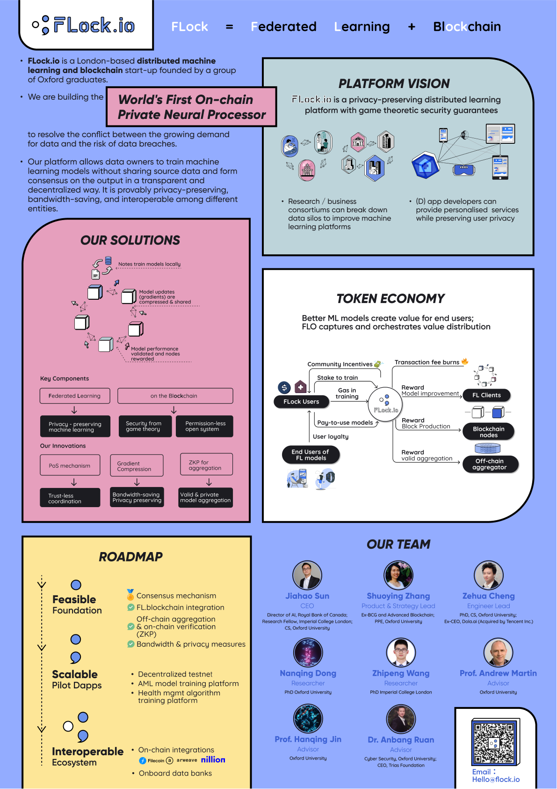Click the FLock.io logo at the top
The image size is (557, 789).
(84, 25)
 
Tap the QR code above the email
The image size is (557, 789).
(494, 743)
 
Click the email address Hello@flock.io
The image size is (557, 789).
(496, 780)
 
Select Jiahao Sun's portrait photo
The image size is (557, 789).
(307, 575)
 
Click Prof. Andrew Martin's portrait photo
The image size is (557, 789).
(498, 652)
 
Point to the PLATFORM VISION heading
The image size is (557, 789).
(394, 84)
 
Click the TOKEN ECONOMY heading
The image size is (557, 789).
(391, 299)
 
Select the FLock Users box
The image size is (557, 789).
(301, 402)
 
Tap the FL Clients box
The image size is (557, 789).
(486, 395)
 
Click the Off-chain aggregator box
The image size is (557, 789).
(489, 464)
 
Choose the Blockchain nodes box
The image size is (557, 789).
(488, 432)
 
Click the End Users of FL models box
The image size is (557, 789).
(310, 455)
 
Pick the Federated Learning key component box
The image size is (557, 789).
(75, 396)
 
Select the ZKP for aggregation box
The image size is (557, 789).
(206, 465)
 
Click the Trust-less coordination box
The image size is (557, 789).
(70, 498)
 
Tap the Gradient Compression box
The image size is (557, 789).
(137, 466)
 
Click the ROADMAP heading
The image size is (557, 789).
(130, 557)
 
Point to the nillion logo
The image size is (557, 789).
(213, 760)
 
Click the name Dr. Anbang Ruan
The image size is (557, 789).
(401, 740)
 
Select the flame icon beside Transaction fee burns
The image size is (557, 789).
(465, 361)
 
